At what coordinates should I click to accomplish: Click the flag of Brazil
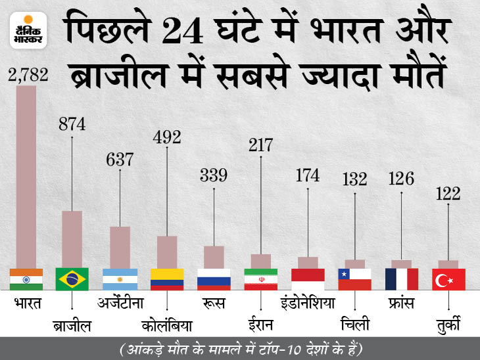pos(73,279)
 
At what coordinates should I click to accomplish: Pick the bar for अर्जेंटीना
pos(120,247)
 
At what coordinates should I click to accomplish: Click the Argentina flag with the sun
pos(120,279)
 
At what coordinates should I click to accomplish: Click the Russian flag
pos(214,279)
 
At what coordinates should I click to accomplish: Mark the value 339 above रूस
pos(214,175)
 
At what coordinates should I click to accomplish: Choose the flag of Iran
pos(260,279)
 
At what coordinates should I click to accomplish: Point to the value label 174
pos(307,176)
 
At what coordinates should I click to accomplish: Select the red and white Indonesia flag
pos(307,279)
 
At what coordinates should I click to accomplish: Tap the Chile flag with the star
pos(354,279)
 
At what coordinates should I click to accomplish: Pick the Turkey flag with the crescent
pos(448,279)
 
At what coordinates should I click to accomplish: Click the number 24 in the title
pos(180,30)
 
